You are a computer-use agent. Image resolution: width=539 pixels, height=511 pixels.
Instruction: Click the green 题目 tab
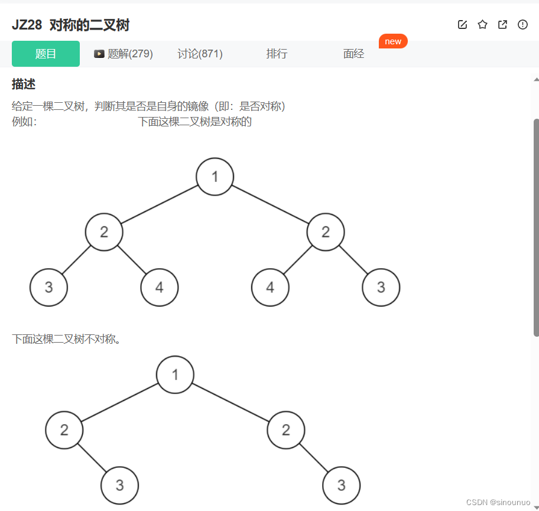[x=46, y=54]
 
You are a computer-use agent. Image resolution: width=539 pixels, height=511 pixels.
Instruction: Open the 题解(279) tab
[x=124, y=54]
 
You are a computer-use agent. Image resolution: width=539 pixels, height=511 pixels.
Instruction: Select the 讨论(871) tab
[x=200, y=54]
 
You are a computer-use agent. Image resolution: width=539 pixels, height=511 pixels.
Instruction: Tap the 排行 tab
[x=277, y=54]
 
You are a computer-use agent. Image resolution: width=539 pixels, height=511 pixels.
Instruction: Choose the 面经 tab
[x=353, y=54]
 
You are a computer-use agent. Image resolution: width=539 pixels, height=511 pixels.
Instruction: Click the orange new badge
[x=393, y=41]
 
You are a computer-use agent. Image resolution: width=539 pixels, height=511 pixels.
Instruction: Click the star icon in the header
[x=482, y=25]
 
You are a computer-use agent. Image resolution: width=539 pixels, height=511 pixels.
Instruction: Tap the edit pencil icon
[x=462, y=25]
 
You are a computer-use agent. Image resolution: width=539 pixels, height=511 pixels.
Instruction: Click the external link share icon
[x=502, y=25]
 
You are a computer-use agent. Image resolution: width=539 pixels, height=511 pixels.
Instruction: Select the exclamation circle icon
[x=522, y=25]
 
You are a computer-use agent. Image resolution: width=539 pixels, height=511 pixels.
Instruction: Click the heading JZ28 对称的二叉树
[x=70, y=25]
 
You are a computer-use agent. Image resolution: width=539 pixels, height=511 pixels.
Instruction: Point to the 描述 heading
[x=24, y=84]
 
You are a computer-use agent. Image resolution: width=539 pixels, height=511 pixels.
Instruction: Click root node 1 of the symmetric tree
[x=215, y=177]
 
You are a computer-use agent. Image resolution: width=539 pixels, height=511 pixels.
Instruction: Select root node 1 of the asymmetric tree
[x=175, y=375]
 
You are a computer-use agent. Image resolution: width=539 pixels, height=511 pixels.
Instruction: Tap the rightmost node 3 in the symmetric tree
[x=381, y=288]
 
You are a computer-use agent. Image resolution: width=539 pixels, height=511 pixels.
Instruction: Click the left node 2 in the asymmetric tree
[x=64, y=430]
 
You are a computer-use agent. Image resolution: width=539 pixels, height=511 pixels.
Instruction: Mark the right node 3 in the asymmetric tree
[x=341, y=486]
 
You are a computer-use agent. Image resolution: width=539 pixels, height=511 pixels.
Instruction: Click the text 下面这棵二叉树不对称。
[x=66, y=339]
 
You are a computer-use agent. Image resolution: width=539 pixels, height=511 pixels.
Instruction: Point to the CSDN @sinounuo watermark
[x=498, y=502]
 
